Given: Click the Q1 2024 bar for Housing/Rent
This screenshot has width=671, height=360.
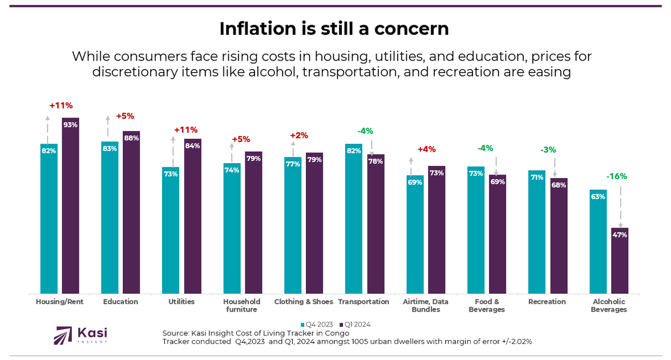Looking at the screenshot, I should pyautogui.click(x=70, y=205).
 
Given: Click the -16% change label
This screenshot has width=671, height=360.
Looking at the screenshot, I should pyautogui.click(x=616, y=176).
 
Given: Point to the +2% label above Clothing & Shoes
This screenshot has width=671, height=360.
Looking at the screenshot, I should pyautogui.click(x=299, y=135).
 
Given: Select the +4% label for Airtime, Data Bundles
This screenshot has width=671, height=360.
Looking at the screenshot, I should pyautogui.click(x=426, y=149).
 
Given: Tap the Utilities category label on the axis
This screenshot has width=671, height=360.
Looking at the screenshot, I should pyautogui.click(x=181, y=302).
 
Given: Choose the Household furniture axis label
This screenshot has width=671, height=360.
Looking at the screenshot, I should pyautogui.click(x=242, y=305).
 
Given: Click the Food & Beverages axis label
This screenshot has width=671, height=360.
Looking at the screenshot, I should pyautogui.click(x=487, y=305).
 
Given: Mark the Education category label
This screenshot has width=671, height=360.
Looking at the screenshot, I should pyautogui.click(x=120, y=302).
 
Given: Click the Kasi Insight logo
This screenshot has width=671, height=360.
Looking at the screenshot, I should pyautogui.click(x=80, y=335).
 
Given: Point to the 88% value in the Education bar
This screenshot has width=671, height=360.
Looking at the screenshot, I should pyautogui.click(x=131, y=138).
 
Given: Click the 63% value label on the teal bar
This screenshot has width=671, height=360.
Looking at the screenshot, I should pyautogui.click(x=598, y=196).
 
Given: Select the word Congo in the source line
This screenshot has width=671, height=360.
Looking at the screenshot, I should pyautogui.click(x=337, y=333).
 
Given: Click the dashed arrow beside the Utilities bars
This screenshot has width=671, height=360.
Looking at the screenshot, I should pyautogui.click(x=173, y=151).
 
